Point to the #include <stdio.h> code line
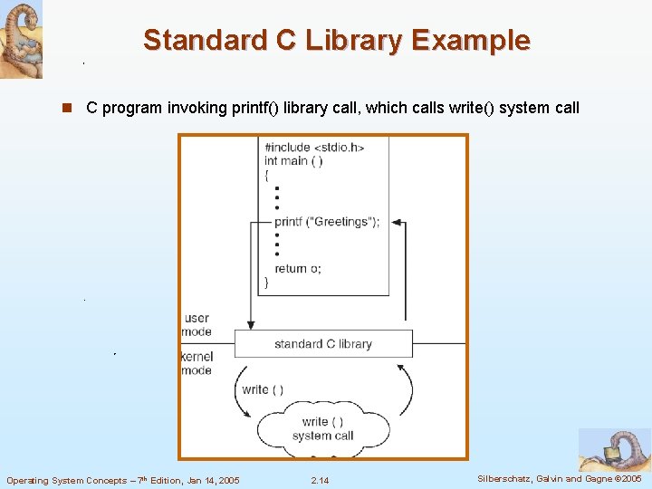point(313,148)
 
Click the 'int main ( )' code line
point(293,161)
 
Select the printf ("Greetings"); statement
point(327,222)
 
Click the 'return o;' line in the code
point(298,269)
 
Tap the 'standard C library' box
point(323,344)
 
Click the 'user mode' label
point(197,324)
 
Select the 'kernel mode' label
point(197,363)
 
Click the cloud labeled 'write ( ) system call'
point(323,428)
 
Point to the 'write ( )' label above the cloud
point(263,389)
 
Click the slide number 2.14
point(320,480)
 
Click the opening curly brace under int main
point(266,176)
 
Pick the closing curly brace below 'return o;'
point(266,283)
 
